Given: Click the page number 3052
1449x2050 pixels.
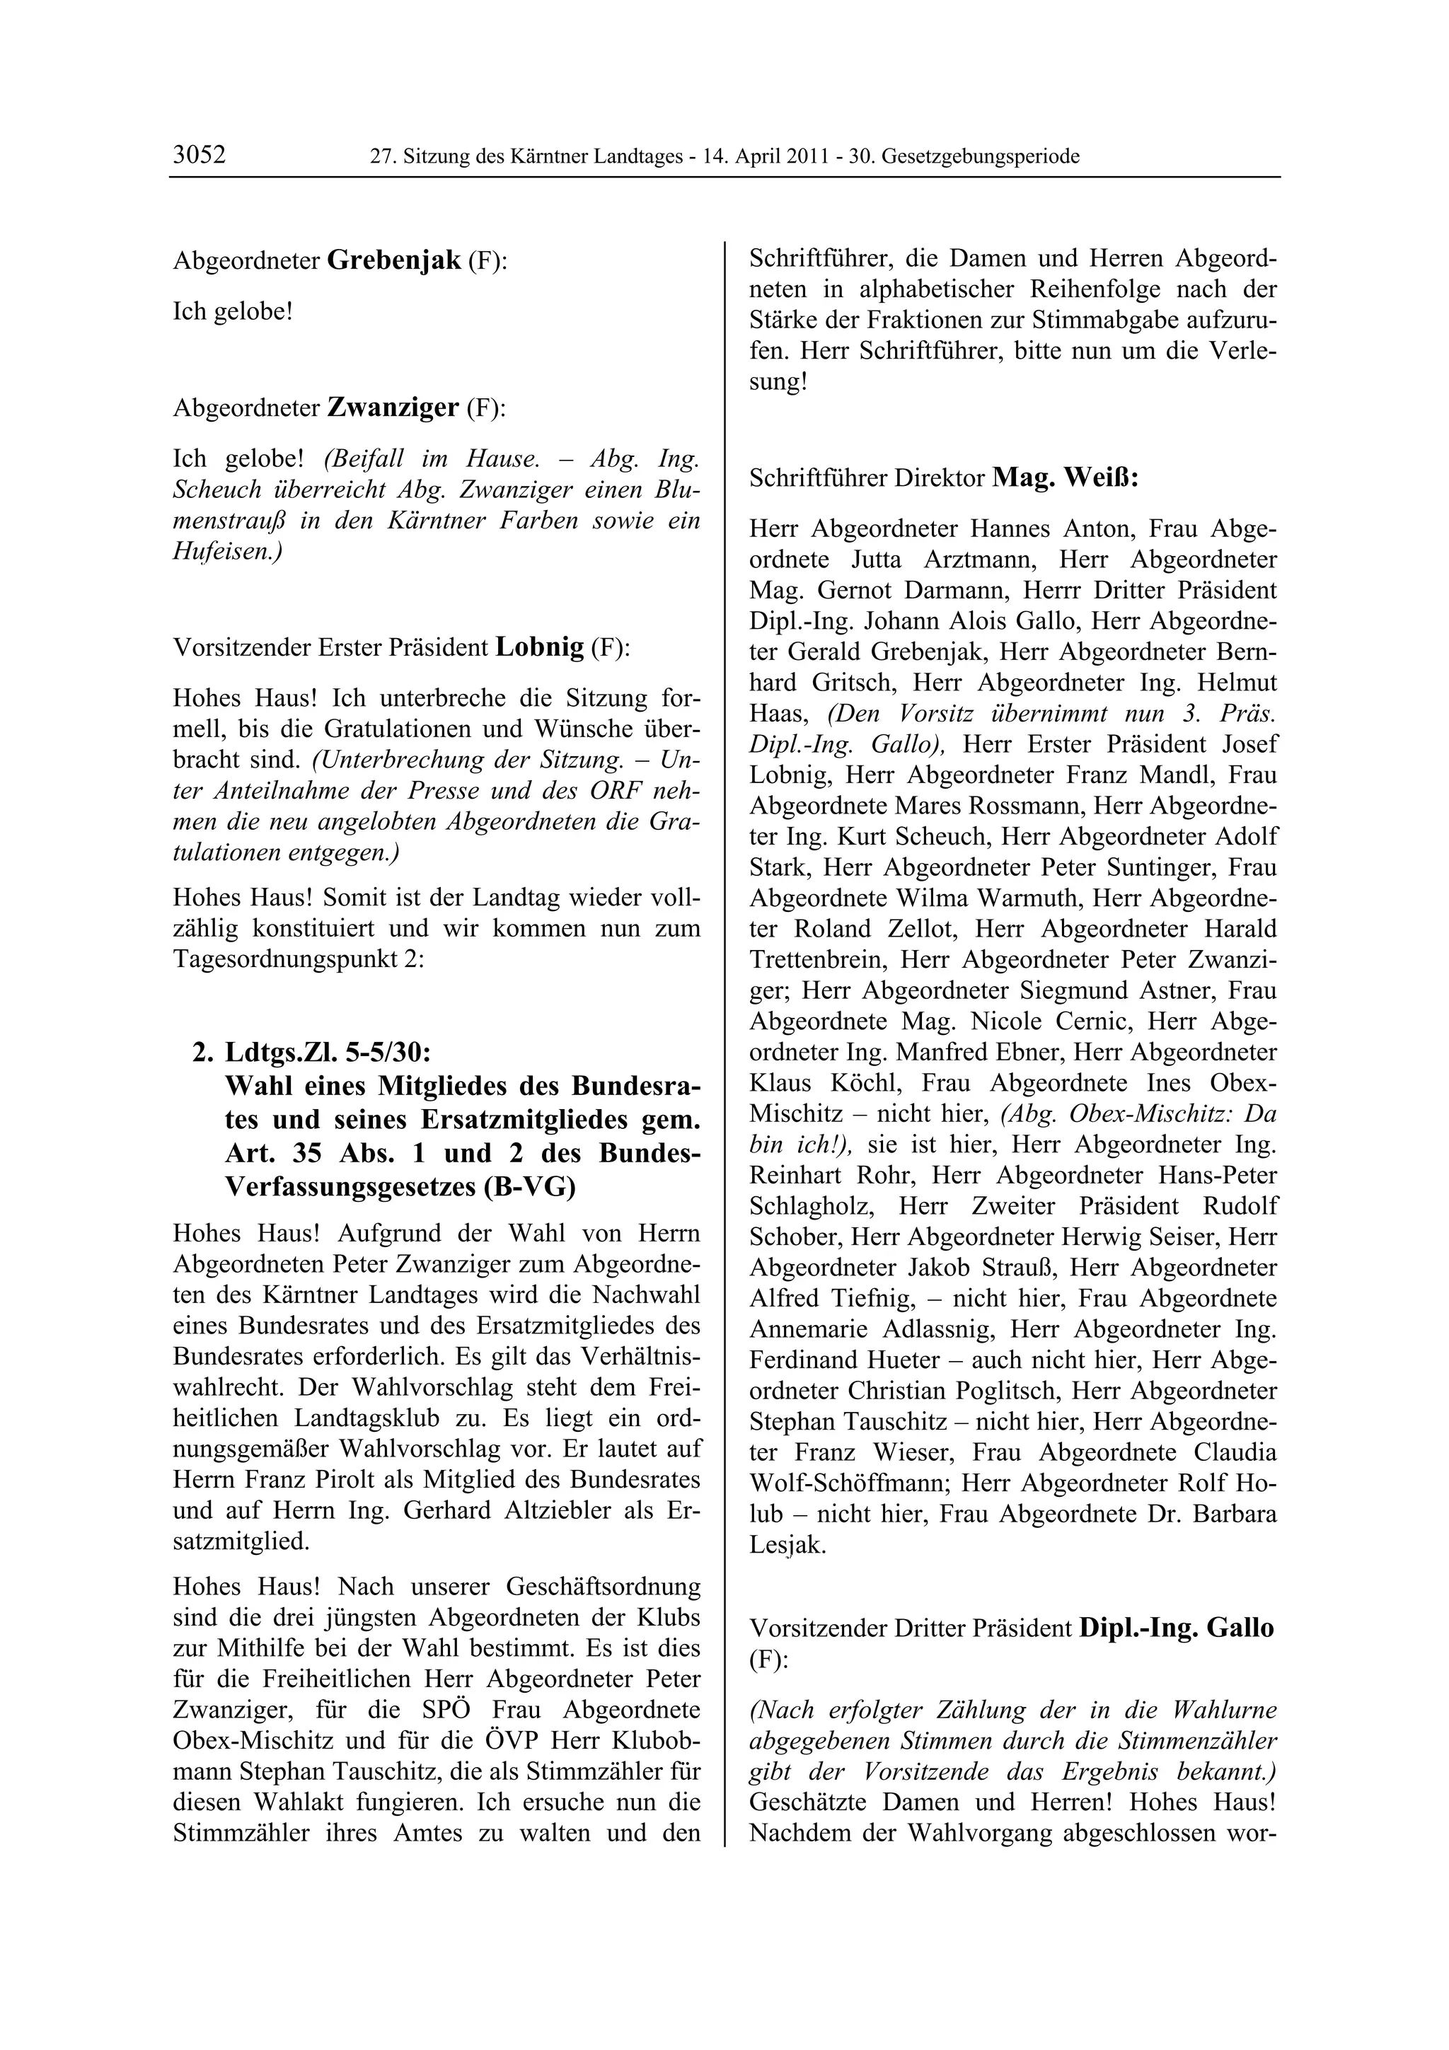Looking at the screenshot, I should (199, 156).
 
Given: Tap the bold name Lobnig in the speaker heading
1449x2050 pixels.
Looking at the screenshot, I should (539, 647).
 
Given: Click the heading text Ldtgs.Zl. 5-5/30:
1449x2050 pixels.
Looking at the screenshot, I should (328, 1053).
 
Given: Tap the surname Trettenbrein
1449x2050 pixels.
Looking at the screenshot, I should (817, 960).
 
